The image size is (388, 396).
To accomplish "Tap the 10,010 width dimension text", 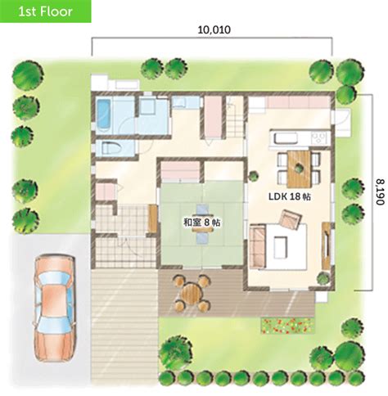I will pos(214,30).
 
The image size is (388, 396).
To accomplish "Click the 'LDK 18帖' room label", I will pos(286,197).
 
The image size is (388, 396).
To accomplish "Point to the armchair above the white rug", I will pos(288,218).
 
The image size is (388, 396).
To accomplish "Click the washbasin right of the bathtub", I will pos(148,107).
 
